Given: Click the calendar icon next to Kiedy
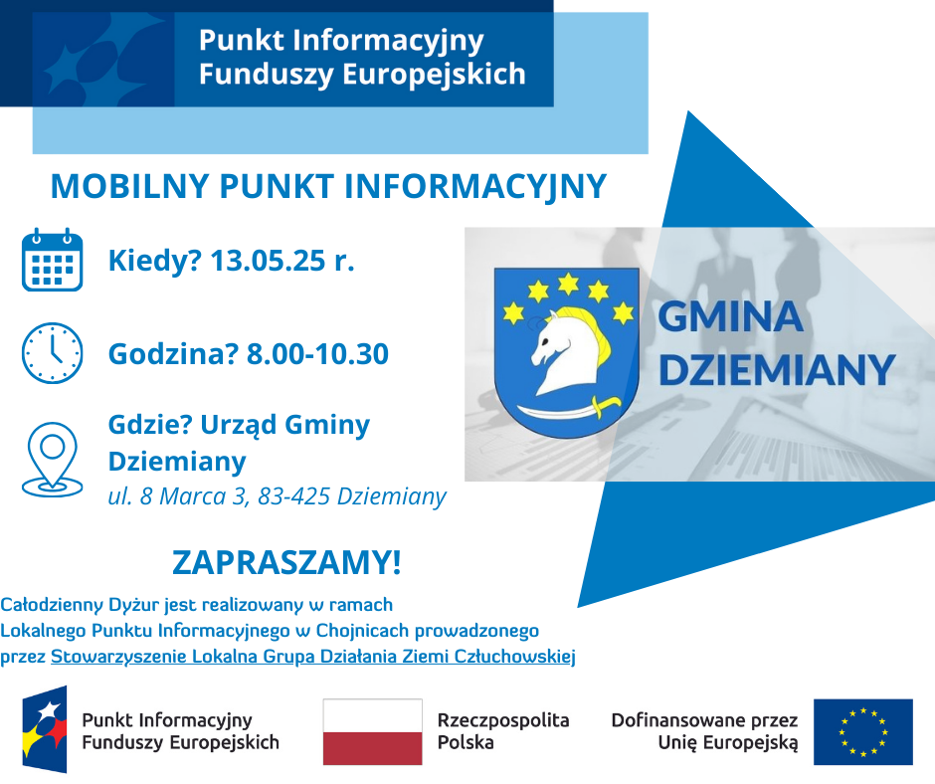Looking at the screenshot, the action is (x=52, y=260).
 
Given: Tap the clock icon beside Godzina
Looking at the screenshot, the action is (x=52, y=353).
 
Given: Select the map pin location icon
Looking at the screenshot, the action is (x=53, y=460).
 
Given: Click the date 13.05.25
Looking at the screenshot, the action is (x=269, y=261).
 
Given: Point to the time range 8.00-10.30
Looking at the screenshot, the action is (x=317, y=354).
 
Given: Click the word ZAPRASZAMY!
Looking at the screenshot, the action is (x=286, y=562).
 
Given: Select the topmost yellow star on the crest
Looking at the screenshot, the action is (x=568, y=283).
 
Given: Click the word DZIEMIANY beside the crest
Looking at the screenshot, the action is (x=777, y=370).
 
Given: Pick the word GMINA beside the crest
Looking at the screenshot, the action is (x=730, y=316).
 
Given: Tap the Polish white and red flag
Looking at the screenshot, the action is (x=373, y=731).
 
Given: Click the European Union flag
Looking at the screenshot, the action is (x=862, y=731).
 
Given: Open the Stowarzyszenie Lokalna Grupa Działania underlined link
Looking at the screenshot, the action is (x=313, y=657).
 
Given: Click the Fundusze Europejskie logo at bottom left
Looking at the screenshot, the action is (x=45, y=729).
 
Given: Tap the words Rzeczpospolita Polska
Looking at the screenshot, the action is (x=503, y=731).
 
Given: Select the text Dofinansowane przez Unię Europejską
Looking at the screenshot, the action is (x=705, y=731).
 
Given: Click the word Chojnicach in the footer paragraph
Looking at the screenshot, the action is (x=362, y=631).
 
